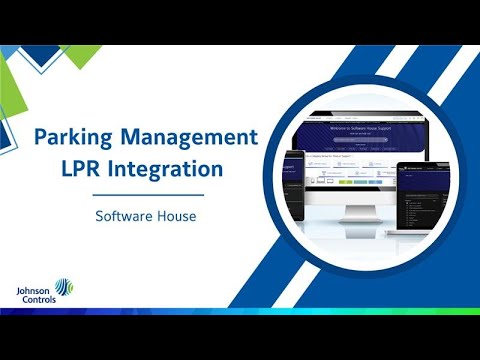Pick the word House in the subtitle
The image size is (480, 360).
[x=176, y=215]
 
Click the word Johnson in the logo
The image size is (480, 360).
[x=34, y=288]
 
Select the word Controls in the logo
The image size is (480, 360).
[x=34, y=297]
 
